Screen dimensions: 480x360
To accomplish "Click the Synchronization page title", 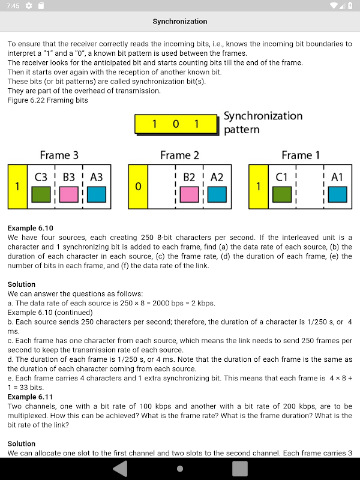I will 179,22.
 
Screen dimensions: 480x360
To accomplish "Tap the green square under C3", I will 41,194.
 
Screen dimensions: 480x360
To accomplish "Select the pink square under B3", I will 68,194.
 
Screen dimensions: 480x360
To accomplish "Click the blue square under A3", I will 97,194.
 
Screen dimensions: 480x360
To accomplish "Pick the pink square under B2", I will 189,194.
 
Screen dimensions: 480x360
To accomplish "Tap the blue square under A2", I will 217,194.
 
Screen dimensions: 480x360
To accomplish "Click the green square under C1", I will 282,194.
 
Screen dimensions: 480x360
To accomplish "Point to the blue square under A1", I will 338,194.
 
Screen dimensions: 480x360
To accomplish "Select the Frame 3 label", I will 59,155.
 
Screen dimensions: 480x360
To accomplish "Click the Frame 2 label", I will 179,155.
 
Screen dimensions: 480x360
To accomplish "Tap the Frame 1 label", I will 300,155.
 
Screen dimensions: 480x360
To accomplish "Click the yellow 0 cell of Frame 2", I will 138,187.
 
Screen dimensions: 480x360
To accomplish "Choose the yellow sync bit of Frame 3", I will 17,187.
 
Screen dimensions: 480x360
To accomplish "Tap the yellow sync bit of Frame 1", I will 259,187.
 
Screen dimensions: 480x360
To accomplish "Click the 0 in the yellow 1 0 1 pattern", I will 175,124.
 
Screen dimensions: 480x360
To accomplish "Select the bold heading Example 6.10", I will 30,228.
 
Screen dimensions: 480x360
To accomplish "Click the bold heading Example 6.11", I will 30,397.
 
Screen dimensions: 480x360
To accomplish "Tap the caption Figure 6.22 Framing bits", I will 47,100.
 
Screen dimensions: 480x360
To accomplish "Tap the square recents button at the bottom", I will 240,469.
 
